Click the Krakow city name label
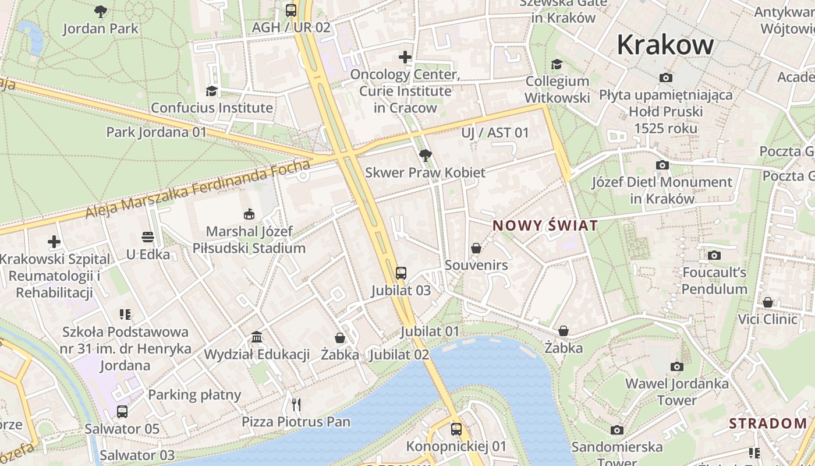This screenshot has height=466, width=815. [x=665, y=45]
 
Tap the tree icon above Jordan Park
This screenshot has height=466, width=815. [x=101, y=10]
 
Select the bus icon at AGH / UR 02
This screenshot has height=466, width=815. [x=290, y=10]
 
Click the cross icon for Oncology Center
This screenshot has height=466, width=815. [x=405, y=57]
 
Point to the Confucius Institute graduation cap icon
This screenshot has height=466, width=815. [x=211, y=91]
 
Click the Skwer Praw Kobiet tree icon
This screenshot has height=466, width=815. [x=426, y=156]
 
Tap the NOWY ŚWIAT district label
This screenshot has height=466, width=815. [x=545, y=225]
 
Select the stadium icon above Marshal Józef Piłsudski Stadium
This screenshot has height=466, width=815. [x=249, y=214]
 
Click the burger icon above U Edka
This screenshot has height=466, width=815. [x=148, y=237]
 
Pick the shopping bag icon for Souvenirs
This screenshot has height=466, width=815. [x=476, y=248]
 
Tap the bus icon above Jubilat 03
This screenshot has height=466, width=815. [x=401, y=273]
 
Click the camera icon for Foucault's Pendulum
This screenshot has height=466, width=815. [x=714, y=255]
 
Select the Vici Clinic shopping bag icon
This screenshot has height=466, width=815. [x=768, y=302]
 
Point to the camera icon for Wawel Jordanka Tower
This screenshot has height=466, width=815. [x=676, y=366]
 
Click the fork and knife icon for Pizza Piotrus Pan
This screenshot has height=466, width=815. [x=296, y=404]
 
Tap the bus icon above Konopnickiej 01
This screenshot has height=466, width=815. [x=456, y=429]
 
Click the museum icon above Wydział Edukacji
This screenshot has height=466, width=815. [x=257, y=337]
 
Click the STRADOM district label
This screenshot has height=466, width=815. [x=768, y=423]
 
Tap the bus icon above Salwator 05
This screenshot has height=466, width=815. [x=122, y=412]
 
